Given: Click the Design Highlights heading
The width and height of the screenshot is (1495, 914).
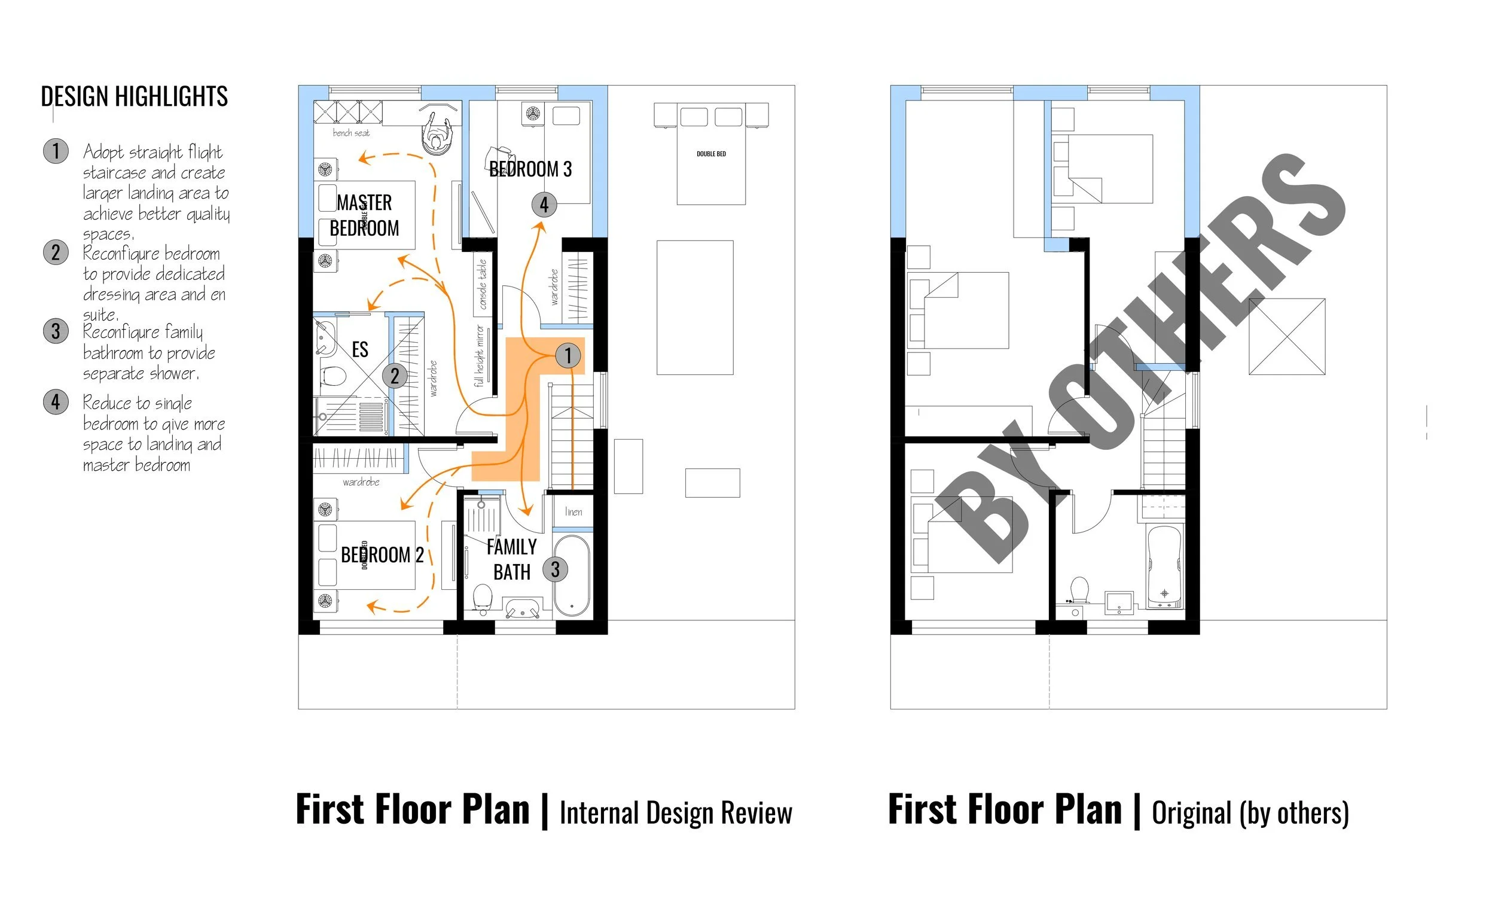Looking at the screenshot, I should click(134, 96).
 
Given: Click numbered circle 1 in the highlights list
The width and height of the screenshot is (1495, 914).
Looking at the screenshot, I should click(56, 151).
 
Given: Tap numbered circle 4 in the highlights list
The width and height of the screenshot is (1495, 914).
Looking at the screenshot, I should click(56, 402).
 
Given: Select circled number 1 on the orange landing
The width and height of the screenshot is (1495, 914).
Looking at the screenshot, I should click(568, 356).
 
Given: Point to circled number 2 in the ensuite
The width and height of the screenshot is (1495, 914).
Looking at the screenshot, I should click(394, 376).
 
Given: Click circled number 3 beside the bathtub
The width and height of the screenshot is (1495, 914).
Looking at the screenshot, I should click(554, 569).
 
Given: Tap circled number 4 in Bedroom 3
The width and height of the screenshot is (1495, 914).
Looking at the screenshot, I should click(544, 205).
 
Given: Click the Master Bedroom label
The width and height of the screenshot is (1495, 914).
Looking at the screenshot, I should click(364, 215).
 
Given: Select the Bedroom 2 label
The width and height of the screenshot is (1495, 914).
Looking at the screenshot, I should click(382, 555).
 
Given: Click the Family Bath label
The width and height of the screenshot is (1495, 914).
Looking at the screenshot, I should click(511, 559).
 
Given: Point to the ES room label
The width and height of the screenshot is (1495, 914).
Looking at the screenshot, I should click(360, 349).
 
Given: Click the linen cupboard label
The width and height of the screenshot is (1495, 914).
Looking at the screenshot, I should click(573, 511).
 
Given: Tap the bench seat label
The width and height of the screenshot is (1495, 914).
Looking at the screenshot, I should click(350, 133).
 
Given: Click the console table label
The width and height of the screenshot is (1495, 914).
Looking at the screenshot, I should click(483, 285).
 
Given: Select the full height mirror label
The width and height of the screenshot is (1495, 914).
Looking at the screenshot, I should click(480, 356).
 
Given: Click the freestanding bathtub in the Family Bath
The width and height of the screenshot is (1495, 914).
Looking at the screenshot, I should click(572, 575).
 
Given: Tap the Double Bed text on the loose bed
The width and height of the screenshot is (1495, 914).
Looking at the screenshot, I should click(711, 154).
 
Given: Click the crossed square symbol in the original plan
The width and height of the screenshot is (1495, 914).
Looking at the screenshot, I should click(1286, 336).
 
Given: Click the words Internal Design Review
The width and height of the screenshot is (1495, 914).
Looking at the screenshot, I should click(675, 814).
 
